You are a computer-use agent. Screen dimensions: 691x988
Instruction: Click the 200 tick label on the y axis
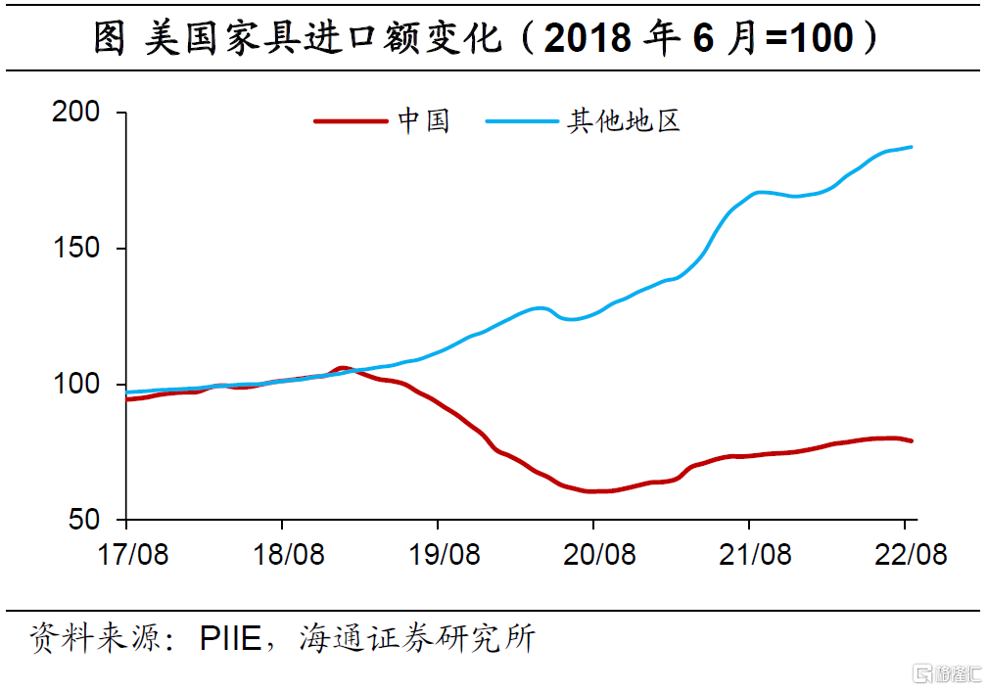(x=75, y=114)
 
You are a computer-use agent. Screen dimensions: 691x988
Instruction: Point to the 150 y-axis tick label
(x=75, y=249)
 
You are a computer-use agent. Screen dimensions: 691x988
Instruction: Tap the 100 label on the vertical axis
(x=75, y=385)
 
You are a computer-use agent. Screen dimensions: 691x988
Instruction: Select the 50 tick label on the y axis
(x=85, y=520)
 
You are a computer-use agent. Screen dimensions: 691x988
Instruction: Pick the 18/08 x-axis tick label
(x=288, y=555)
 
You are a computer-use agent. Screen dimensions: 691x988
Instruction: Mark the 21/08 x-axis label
(x=754, y=555)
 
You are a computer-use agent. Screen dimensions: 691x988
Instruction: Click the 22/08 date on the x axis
(x=910, y=555)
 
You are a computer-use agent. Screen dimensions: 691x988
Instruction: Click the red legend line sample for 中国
(x=350, y=121)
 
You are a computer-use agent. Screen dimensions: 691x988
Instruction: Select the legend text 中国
(x=424, y=121)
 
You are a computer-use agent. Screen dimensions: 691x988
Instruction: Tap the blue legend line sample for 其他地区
(x=521, y=121)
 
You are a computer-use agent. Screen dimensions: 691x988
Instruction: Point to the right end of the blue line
(x=912, y=147)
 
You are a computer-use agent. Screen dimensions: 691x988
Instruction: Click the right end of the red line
(x=912, y=440)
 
